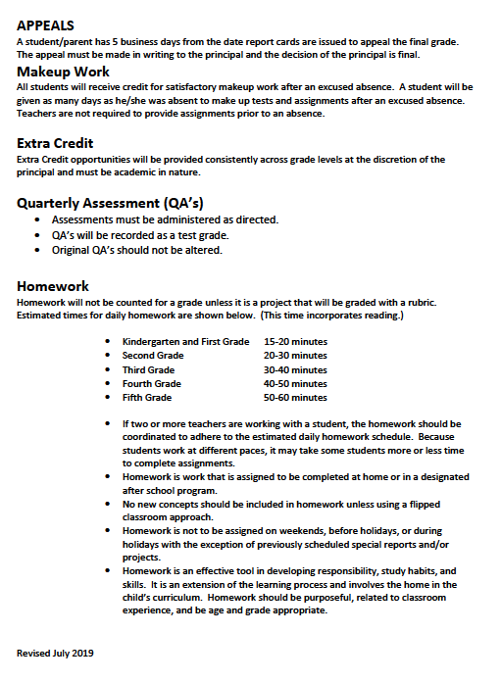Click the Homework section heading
pyautogui.click(x=53, y=286)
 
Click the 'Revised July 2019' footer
pyautogui.click(x=55, y=652)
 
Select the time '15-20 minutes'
pyautogui.click(x=295, y=342)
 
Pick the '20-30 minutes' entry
pyautogui.click(x=295, y=356)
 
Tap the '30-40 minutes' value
pyautogui.click(x=295, y=370)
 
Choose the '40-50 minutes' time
pyautogui.click(x=295, y=384)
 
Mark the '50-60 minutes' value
pyautogui.click(x=295, y=398)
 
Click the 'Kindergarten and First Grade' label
pyautogui.click(x=185, y=342)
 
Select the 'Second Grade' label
pyautogui.click(x=153, y=356)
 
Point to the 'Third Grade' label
pyautogui.click(x=148, y=370)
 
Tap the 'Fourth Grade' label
pyautogui.click(x=152, y=384)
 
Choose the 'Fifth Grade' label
pyautogui.click(x=147, y=398)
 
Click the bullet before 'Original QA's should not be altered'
pyautogui.click(x=37, y=251)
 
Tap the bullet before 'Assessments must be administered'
pyautogui.click(x=37, y=220)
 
